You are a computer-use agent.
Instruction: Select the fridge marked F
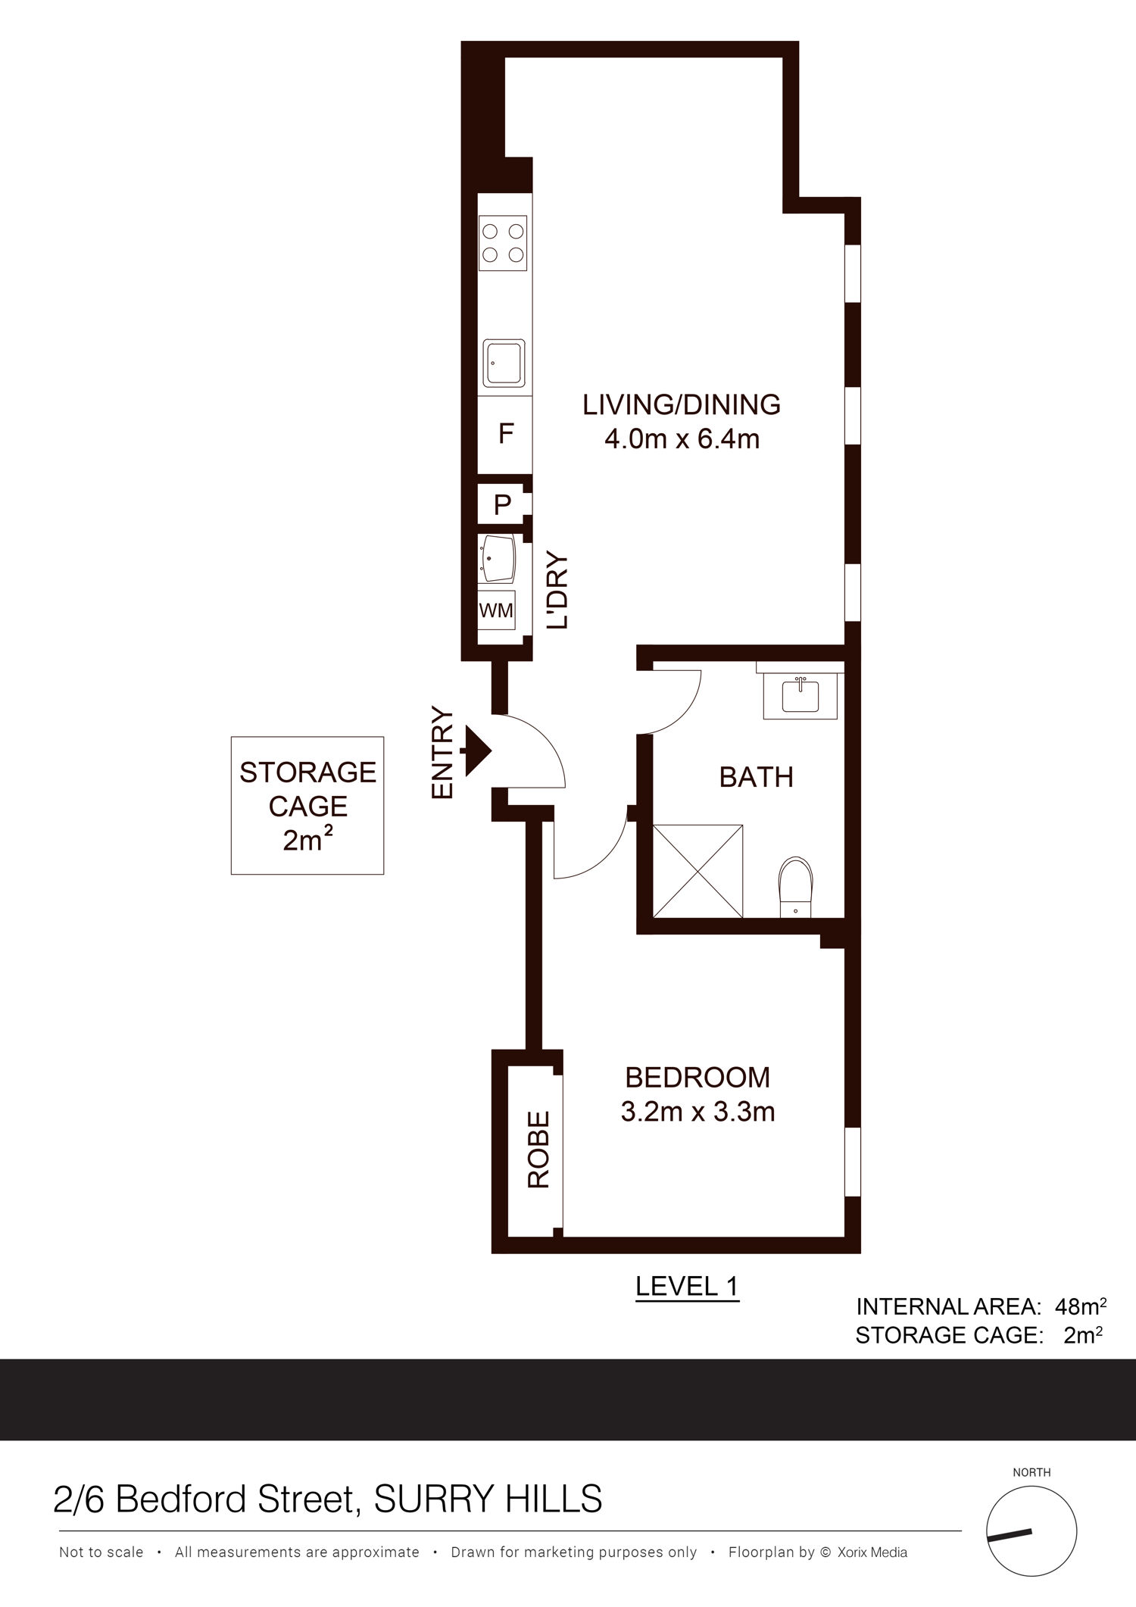tap(504, 434)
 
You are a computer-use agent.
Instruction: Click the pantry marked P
tap(502, 504)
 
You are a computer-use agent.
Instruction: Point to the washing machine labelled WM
tap(496, 610)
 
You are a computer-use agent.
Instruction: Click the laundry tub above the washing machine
tap(496, 559)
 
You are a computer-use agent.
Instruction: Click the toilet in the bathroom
tap(794, 887)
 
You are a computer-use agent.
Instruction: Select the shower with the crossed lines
tap(698, 871)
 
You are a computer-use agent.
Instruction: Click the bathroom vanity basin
tap(800, 694)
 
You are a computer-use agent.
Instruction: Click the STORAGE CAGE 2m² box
tap(307, 806)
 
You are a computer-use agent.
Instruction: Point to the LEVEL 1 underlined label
tap(687, 1285)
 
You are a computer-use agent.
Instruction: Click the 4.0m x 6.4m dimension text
tap(682, 438)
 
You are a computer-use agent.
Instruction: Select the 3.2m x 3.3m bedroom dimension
tap(698, 1112)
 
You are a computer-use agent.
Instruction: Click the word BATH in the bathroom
tap(756, 777)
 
